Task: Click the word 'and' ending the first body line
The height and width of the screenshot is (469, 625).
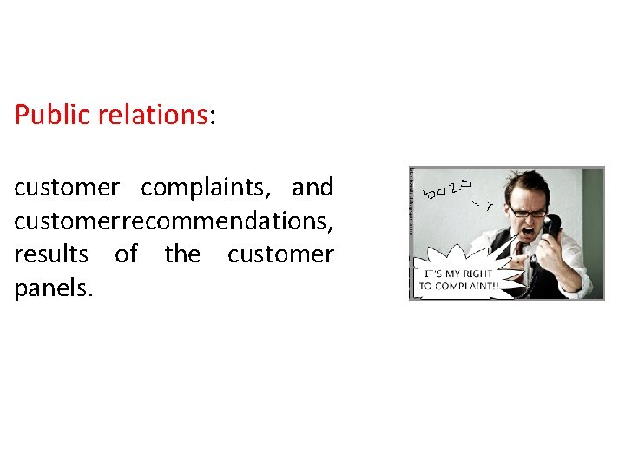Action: point(312,187)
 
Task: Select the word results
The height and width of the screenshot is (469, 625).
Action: point(51,254)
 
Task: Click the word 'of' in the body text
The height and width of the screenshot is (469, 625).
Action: point(127,254)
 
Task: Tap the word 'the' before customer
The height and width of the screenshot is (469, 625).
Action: point(182,254)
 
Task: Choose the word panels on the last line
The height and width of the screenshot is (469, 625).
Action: point(53,288)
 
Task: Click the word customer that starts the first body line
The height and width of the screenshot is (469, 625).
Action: point(67,187)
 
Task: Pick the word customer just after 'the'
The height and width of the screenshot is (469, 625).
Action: point(280,254)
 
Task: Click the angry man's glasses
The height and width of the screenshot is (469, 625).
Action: point(527,211)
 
